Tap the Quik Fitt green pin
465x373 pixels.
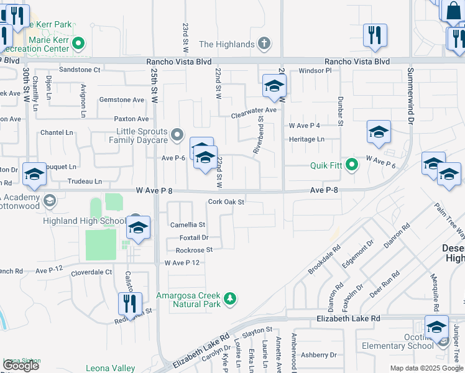[352, 165]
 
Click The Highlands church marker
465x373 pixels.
[265, 44]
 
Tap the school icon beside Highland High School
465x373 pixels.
[139, 228]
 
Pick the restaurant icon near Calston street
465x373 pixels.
[130, 304]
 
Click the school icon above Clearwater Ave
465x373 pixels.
[274, 87]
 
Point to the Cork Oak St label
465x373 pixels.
[226, 202]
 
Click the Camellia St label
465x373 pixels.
[188, 224]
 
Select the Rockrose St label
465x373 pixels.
[194, 250]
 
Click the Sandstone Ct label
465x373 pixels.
[80, 70]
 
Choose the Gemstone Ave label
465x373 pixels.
[122, 99]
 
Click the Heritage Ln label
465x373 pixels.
[306, 139]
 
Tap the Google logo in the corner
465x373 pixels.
[21, 366]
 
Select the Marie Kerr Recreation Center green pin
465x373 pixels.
[78, 44]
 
